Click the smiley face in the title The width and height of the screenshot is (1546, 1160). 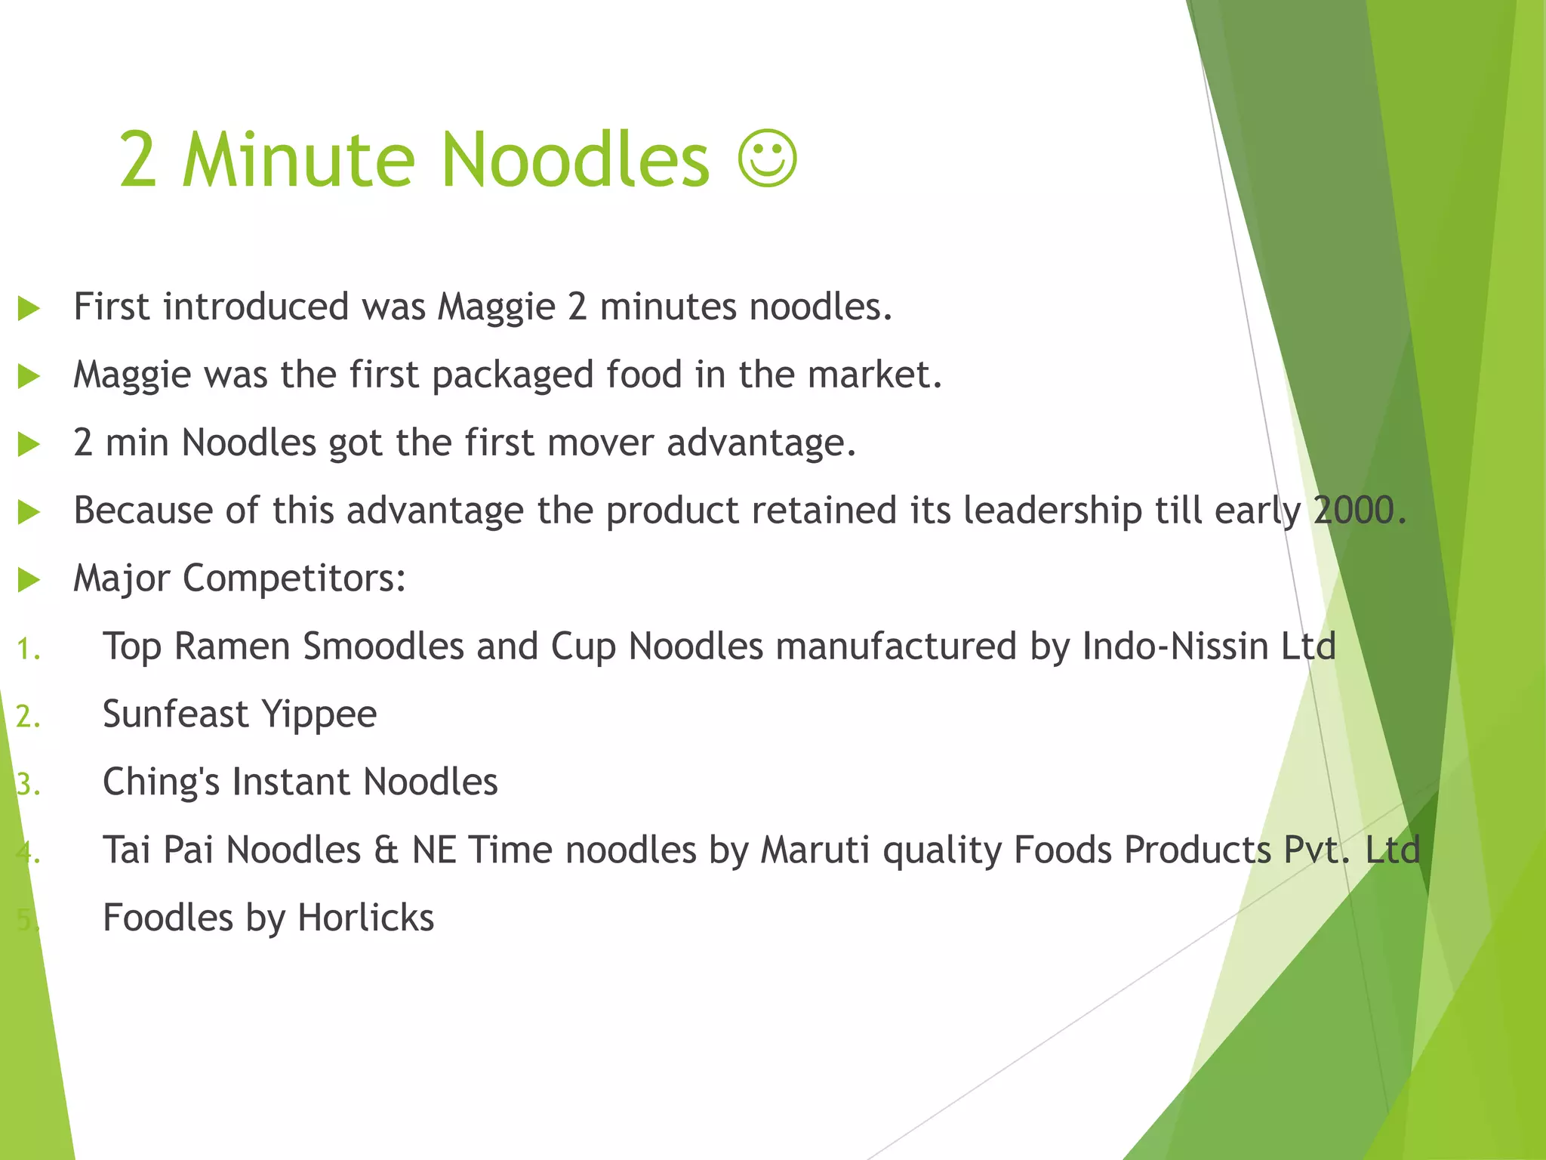tap(767, 159)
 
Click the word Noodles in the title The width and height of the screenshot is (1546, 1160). tap(575, 160)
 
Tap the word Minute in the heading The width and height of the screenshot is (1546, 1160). tap(298, 160)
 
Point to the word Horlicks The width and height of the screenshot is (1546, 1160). tap(365, 918)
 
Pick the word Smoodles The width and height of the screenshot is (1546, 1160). tap(383, 646)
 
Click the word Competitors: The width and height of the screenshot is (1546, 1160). tap(294, 579)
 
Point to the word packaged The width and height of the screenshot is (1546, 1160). tap(513, 375)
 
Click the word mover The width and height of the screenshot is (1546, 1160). tap(601, 443)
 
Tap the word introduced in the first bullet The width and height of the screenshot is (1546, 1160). tap(256, 307)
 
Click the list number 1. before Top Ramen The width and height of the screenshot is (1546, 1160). tap(29, 649)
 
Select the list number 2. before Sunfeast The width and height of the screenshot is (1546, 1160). tap(29, 717)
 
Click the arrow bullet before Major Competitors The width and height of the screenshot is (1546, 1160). tap(29, 580)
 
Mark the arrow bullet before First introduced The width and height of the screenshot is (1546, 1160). tap(29, 308)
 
